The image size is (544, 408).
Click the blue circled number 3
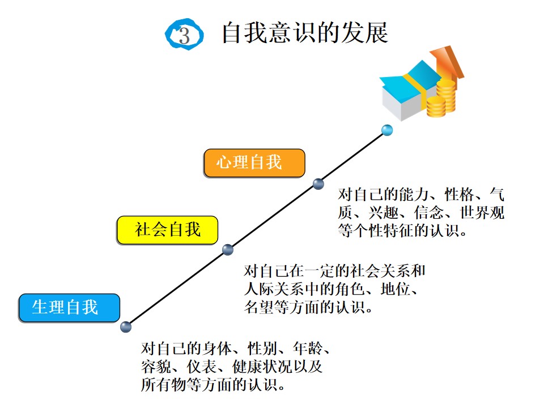[x=184, y=35]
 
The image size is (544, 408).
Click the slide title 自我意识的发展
[x=305, y=33]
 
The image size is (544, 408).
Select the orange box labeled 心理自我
[x=254, y=163]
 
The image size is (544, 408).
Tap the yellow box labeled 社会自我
[x=168, y=230]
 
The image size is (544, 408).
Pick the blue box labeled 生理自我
[x=69, y=308]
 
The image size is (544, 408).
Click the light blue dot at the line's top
[x=387, y=130]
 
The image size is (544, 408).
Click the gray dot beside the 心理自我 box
[x=318, y=184]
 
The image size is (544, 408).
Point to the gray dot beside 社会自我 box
[x=228, y=249]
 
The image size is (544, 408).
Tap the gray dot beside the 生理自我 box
[x=126, y=327]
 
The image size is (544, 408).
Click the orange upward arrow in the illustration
[x=448, y=66]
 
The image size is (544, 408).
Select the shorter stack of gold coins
[x=436, y=107]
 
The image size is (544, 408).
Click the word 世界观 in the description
[x=482, y=212]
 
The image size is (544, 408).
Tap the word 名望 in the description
[x=259, y=307]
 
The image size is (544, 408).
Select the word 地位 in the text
[x=396, y=289]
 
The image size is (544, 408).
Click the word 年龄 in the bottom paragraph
[x=308, y=348]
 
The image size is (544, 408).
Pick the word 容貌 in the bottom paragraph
[x=156, y=367]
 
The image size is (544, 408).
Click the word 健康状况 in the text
[x=262, y=367]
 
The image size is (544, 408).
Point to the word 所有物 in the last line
[x=163, y=385]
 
